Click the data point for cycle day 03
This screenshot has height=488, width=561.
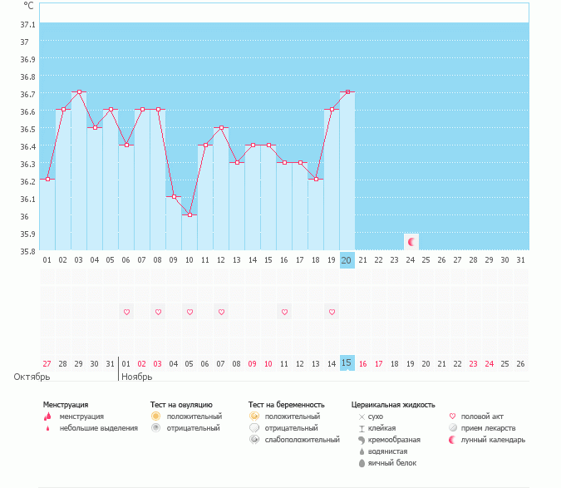[79, 92]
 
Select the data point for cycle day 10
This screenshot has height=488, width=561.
[189, 214]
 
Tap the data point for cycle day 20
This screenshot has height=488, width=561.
[347, 92]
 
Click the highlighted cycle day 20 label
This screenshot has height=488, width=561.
[347, 260]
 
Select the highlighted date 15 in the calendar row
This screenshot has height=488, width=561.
[347, 362]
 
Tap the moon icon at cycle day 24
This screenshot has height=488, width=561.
[411, 241]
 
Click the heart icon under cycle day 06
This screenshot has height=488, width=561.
[126, 312]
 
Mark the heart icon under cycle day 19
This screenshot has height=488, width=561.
[332, 312]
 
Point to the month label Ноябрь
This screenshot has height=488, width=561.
[137, 377]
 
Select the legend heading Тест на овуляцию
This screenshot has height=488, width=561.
[181, 404]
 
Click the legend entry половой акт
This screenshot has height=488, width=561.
[482, 416]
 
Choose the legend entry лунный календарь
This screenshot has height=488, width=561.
[494, 439]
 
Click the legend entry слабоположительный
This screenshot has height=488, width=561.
[303, 439]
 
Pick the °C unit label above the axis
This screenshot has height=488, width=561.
[29, 6]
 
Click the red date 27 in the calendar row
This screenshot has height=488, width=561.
[47, 363]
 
